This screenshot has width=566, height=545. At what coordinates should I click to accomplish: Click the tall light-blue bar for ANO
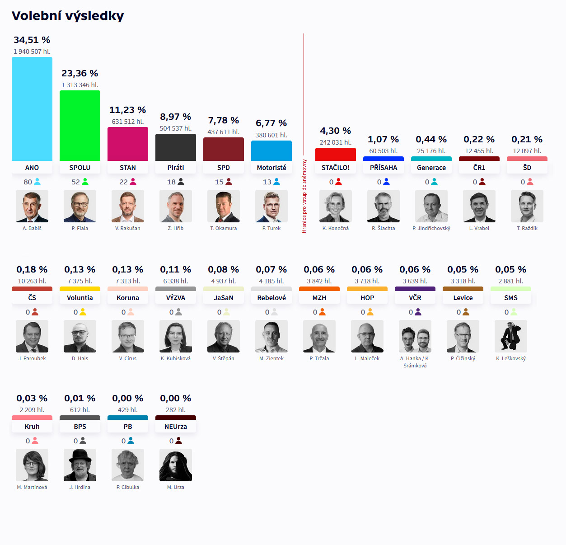32,109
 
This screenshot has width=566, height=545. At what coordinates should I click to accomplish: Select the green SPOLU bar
80,126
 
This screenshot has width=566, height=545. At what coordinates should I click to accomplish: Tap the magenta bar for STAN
128,144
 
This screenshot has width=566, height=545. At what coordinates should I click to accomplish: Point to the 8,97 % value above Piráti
176,117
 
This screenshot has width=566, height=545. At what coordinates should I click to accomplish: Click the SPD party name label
224,168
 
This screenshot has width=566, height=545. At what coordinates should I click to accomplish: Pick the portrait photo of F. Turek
271,206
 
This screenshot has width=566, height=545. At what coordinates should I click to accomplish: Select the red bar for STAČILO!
336,155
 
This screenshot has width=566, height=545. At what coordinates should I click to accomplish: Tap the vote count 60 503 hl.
384,151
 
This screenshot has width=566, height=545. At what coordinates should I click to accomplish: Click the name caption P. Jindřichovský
431,228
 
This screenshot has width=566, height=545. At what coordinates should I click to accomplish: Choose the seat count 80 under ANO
28,182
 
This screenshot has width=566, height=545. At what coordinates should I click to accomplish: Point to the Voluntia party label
80,298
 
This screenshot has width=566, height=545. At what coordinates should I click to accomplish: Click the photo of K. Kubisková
176,336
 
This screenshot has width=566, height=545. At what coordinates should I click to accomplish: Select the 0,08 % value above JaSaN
224,269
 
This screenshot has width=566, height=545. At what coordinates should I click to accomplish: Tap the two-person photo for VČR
415,336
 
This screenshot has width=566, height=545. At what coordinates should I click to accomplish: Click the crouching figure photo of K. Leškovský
511,336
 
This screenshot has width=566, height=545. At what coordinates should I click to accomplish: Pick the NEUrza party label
176,427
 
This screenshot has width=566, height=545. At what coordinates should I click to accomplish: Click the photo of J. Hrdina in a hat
80,465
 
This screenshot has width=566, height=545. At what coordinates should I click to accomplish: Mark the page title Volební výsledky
68,16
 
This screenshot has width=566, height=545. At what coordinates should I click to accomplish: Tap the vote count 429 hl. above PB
128,410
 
